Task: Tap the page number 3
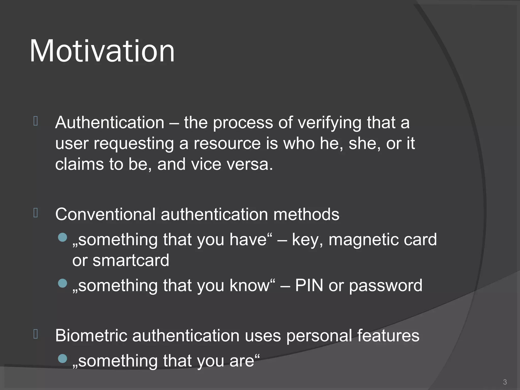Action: click(505, 382)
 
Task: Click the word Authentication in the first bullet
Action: click(110, 123)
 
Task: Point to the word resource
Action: click(227, 144)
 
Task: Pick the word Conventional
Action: click(105, 214)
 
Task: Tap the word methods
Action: click(306, 214)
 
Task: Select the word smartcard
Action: click(131, 261)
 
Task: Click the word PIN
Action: click(309, 285)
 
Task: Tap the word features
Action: click(388, 336)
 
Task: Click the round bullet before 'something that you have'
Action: click(62, 237)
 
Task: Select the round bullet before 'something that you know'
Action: click(62, 283)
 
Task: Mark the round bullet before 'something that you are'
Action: click(62, 359)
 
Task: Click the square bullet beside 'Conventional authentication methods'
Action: click(36, 213)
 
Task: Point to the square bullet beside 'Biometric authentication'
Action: click(36, 334)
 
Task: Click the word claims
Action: click(79, 165)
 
